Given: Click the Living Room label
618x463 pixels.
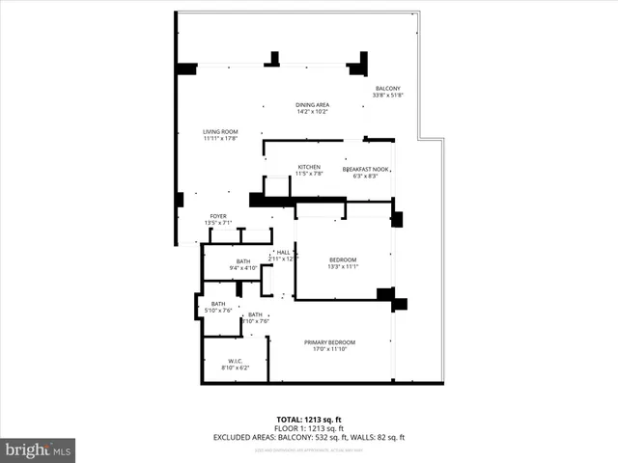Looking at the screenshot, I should [x=221, y=131].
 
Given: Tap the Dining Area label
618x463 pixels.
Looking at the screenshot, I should [x=312, y=104].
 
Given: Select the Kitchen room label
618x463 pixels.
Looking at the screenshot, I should [x=309, y=167].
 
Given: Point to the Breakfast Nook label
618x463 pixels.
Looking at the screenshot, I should [x=366, y=169].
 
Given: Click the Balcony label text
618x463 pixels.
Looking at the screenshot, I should [x=387, y=88].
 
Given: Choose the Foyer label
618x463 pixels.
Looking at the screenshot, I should [x=219, y=216].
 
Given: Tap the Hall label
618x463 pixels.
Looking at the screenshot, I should [x=283, y=252].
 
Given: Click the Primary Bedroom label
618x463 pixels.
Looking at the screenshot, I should [x=330, y=342].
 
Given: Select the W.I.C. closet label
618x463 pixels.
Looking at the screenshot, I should [x=235, y=361].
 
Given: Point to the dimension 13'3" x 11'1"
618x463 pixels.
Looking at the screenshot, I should [x=343, y=268].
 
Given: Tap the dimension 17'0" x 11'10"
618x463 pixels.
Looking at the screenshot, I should [x=330, y=350].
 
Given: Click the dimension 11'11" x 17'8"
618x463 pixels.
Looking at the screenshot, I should [x=221, y=139].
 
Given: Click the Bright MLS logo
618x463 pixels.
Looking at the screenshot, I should [x=38, y=449].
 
